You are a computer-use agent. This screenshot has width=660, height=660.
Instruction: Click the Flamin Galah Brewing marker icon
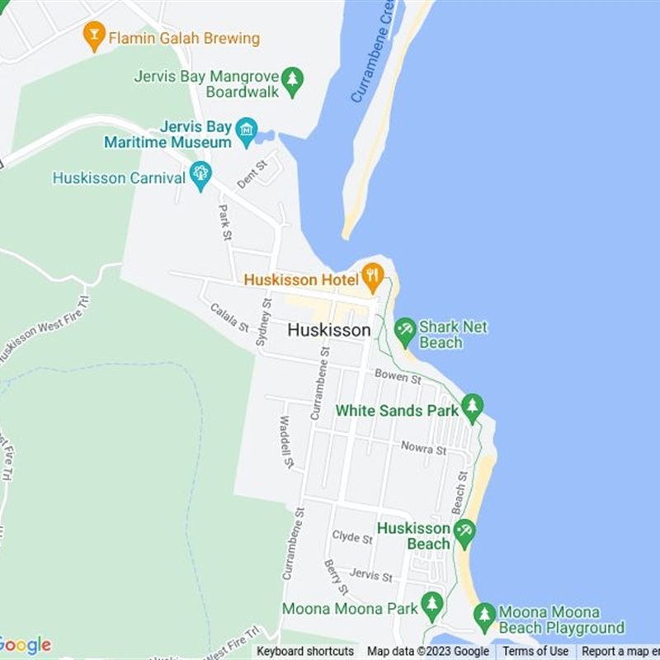click(x=95, y=36)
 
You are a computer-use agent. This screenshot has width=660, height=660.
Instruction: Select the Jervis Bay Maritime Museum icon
click(x=246, y=130)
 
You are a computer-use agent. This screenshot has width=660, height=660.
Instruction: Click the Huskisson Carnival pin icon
click(x=200, y=174)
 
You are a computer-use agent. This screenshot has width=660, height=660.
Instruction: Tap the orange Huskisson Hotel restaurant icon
click(x=373, y=276)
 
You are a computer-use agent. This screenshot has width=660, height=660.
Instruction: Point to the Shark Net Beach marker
click(x=405, y=331)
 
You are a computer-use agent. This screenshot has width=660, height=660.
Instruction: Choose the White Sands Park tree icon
click(x=472, y=407)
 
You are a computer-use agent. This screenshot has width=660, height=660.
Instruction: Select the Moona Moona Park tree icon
click(x=431, y=605)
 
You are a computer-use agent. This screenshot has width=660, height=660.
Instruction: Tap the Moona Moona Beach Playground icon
click(x=484, y=615)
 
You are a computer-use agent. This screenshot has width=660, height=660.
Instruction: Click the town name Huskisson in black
click(x=329, y=330)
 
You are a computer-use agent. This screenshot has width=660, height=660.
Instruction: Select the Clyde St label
click(x=352, y=537)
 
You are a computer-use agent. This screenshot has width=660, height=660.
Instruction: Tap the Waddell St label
click(x=285, y=443)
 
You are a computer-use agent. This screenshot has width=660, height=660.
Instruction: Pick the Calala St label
click(x=229, y=318)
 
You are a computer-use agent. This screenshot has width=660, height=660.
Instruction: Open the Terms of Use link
click(x=535, y=651)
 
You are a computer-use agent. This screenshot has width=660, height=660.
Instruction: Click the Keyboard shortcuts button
click(x=305, y=651)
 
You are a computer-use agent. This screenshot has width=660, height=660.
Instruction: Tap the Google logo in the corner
click(x=25, y=645)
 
